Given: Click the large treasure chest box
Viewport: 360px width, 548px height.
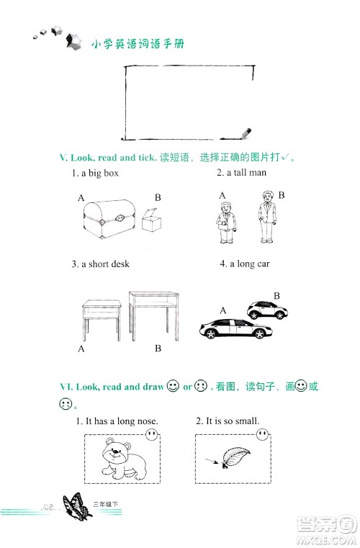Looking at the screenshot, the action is pos(109,219).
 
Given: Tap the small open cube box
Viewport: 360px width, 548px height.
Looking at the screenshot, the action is pos(152,220).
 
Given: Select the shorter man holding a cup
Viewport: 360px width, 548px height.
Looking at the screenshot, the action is pos(226,222).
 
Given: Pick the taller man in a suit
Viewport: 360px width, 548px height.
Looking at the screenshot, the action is pos(267,217).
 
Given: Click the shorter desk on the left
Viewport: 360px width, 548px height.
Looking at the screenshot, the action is pos(102,320).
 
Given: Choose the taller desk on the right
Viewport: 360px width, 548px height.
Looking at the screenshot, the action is pos(154,316).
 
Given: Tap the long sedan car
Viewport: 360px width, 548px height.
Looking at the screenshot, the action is pos(236,328).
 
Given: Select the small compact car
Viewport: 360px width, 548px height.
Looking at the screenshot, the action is pos(267,310).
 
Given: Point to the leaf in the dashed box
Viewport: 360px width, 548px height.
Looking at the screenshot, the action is pos(235,457).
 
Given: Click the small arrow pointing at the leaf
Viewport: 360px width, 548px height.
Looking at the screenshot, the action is pos(212,462).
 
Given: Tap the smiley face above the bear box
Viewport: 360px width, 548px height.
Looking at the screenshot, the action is pos(151,434).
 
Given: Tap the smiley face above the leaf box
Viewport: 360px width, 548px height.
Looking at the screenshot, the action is pos(262,434).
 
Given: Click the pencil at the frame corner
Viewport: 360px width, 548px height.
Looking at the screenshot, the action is pos(246,133).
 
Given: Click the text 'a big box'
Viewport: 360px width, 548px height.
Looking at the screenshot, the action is pos(100,173).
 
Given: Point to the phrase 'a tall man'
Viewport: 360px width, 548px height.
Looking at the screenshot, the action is pos(246,172).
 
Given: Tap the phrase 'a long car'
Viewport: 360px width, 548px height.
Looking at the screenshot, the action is pos(250,264).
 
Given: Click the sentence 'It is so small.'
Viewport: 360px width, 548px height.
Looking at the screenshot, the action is pos(233,421).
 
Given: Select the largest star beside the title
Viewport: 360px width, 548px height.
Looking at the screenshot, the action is pos(73,41).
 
